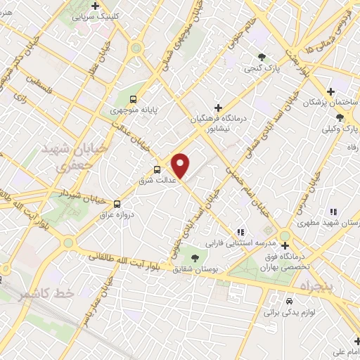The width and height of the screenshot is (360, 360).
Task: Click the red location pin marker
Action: point(181,165)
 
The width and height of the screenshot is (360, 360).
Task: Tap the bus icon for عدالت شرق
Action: point(157,169)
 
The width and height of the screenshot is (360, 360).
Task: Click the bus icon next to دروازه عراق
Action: point(117,204)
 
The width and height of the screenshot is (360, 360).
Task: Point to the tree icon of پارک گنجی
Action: point(262,57)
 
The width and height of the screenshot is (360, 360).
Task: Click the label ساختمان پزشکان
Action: point(330,103)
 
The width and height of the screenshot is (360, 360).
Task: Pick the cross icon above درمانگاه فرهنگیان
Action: point(219,108)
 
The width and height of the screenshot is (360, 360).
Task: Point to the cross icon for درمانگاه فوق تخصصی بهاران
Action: point(285,245)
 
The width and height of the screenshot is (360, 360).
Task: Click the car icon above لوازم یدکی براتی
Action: point(288,300)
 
